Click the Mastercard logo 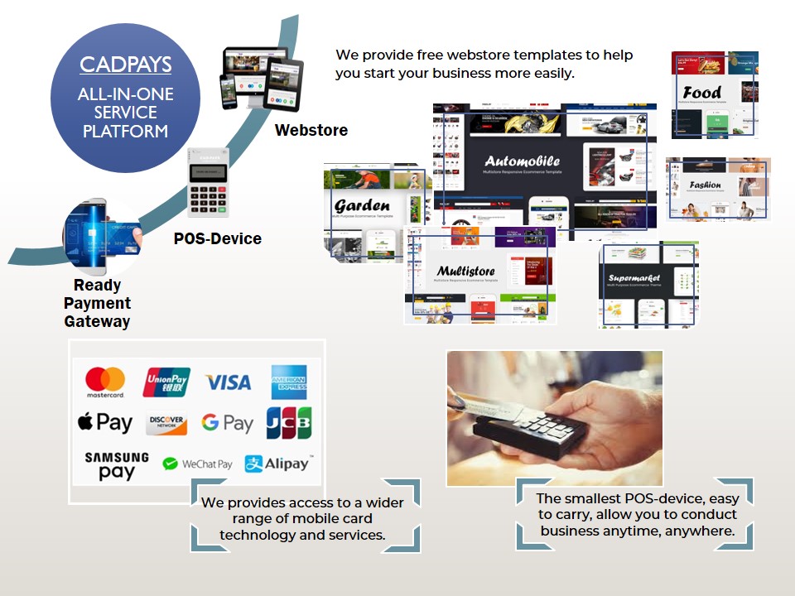coord(105,382)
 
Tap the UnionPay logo coord(166,382)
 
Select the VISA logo coord(228,382)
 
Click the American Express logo coord(288,382)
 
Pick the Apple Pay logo coord(105,422)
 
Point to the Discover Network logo coord(166,424)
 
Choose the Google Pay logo coord(227,423)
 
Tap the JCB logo coord(288,423)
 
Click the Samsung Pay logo coord(117,465)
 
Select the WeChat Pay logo coord(197,464)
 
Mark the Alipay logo coord(277,464)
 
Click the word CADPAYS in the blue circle coord(125,65)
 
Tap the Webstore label coord(311,131)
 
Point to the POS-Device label coord(217,239)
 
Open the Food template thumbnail coord(715,94)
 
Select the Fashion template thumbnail coord(718,189)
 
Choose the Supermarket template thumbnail coord(648,285)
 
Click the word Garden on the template coord(362,205)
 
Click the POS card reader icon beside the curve coord(208,182)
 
